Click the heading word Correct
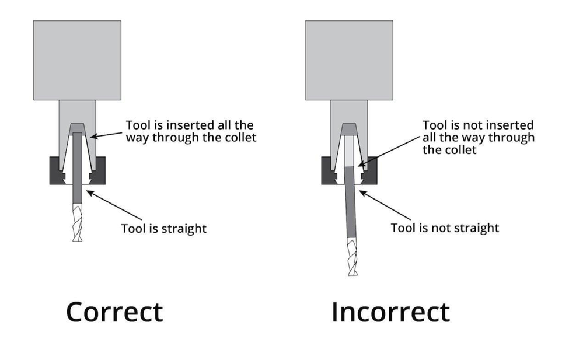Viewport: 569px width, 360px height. [114, 312]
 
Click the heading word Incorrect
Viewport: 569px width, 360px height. [390, 312]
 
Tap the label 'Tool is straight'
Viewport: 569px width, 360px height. [164, 228]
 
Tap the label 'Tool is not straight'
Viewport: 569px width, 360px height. [445, 228]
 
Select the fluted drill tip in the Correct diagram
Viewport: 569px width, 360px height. [78, 222]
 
